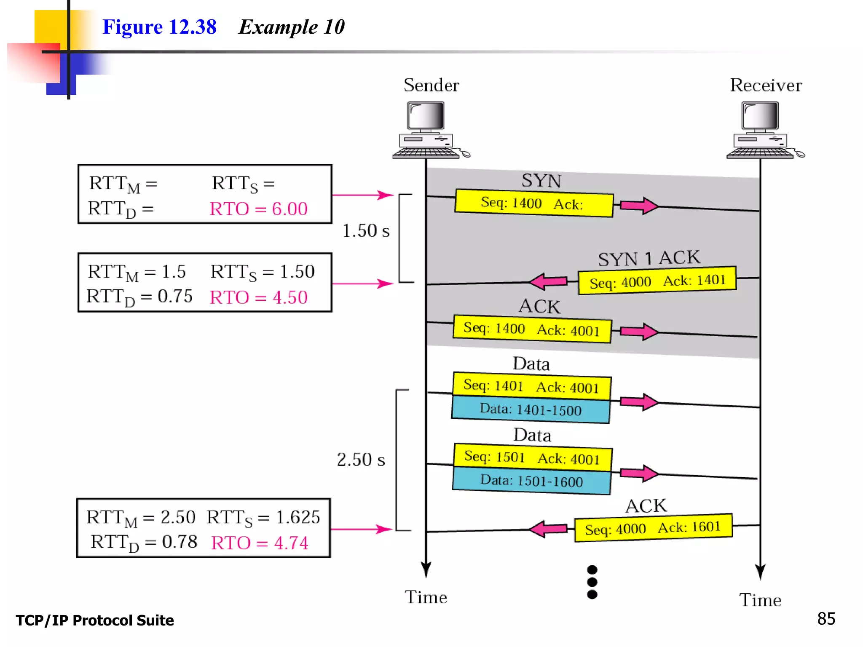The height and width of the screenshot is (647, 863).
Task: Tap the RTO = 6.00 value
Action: click(x=259, y=209)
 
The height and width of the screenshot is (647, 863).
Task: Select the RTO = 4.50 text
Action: click(x=259, y=297)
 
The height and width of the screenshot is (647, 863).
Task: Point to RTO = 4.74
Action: click(x=260, y=543)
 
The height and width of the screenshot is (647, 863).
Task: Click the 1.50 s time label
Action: click(x=365, y=231)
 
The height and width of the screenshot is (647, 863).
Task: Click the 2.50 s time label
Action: click(x=361, y=460)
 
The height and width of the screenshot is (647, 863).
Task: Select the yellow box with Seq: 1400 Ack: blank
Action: click(x=533, y=203)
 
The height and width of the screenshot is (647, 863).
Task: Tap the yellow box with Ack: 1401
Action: click(x=657, y=281)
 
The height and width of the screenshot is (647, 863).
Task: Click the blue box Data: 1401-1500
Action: click(x=531, y=409)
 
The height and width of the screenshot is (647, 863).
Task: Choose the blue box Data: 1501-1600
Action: click(x=531, y=481)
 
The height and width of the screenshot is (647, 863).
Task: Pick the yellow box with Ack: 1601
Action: click(x=653, y=528)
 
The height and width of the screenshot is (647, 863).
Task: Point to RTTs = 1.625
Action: click(x=263, y=517)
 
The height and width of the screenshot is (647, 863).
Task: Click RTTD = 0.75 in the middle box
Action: click(x=139, y=297)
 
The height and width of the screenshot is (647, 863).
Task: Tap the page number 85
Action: click(x=825, y=619)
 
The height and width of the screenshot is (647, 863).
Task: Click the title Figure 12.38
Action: click(x=159, y=27)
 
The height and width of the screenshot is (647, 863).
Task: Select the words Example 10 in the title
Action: click(x=292, y=27)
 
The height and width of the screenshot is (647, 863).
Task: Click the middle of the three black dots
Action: click(x=592, y=582)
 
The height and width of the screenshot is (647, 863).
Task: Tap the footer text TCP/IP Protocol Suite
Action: click(x=95, y=620)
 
